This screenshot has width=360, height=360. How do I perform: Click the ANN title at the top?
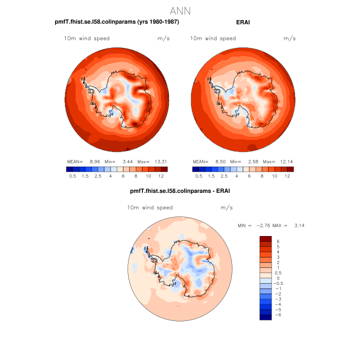tap(180, 11)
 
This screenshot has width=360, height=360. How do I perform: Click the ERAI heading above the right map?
tap(243, 22)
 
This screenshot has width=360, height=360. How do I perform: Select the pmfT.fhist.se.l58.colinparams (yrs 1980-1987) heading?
tap(117, 22)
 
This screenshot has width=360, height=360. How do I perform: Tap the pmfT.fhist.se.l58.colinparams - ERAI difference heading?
tap(180, 191)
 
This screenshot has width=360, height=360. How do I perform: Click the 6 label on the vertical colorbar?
tap(278, 241)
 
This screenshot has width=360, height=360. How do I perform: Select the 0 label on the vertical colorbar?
tap(278, 278)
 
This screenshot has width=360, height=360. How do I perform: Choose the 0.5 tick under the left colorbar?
tap(73, 176)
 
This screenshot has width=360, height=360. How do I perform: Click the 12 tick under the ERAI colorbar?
tap(287, 176)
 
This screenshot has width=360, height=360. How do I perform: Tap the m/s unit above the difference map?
tap(226, 208)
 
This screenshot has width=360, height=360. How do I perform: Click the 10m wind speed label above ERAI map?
tap(213, 39)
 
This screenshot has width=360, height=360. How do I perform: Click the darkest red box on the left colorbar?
tap(164, 169)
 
